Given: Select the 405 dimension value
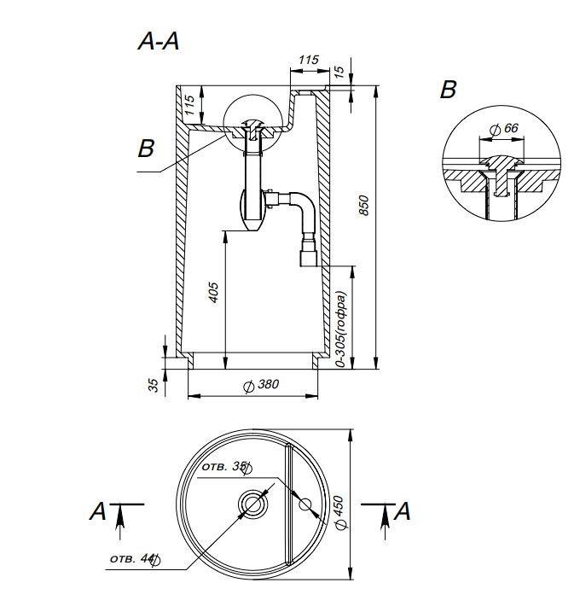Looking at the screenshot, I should [214, 293].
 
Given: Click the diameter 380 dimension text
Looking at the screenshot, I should [262, 385].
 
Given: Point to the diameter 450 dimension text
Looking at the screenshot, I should [339, 515].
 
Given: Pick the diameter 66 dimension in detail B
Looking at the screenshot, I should [505, 128].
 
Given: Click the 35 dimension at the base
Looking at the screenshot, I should [154, 385].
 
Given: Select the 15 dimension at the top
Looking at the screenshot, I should [340, 72].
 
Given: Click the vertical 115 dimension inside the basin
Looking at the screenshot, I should [190, 105].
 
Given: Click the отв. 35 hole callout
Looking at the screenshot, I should [225, 467].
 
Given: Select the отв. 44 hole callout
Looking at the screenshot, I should [133, 559].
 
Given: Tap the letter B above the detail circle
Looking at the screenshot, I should [449, 90].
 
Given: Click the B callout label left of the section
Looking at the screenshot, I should [147, 149].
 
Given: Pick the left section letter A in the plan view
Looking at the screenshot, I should [99, 511].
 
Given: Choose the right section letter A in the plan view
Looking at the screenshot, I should [403, 511].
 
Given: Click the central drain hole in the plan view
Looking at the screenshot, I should [253, 504].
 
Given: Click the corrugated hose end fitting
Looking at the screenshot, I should [308, 254].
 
